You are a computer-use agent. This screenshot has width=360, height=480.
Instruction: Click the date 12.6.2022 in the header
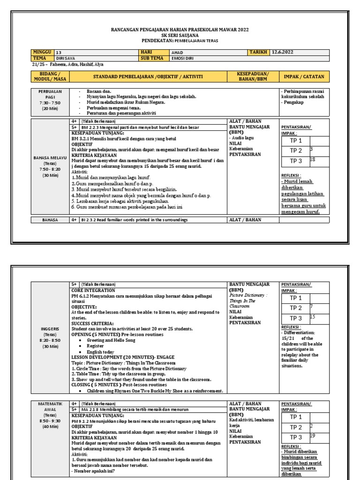click(x=283, y=52)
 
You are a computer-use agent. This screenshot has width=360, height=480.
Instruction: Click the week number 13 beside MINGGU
click(x=59, y=52)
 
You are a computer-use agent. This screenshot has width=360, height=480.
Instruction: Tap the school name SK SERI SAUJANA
click(x=180, y=35)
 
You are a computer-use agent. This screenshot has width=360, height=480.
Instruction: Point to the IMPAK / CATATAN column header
click(x=304, y=76)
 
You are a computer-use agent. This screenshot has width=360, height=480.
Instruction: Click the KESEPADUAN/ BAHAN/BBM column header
click(x=253, y=76)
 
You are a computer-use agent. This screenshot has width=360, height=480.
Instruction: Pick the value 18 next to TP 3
click(x=313, y=159)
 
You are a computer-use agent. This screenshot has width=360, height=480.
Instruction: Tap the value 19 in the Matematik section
click(x=313, y=436)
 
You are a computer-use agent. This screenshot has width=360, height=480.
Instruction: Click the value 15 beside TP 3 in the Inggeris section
click(x=313, y=317)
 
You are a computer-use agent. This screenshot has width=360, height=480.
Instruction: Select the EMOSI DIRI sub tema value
click(x=183, y=59)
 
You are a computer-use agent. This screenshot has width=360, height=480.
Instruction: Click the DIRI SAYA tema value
click(x=66, y=59)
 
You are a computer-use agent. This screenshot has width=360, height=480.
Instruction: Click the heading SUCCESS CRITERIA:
click(x=92, y=323)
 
